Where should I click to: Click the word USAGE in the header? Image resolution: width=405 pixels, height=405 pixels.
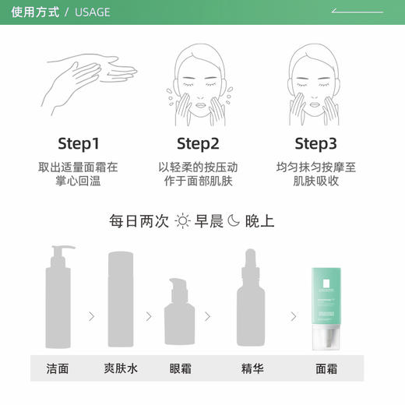tap(92, 12)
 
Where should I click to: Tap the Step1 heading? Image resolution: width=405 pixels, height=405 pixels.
tap(79, 143)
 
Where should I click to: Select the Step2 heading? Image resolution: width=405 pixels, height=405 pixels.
tap(198, 143)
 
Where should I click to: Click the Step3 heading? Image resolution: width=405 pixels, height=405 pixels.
tap(316, 143)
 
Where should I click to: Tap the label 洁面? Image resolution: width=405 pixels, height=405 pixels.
tap(58, 368)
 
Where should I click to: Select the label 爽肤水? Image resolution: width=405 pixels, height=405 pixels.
tap(120, 368)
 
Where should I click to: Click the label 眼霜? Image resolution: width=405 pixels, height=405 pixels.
tap(180, 368)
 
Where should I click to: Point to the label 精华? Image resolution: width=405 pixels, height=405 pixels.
tap(252, 368)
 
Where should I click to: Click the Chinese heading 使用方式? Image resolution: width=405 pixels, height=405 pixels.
tap(36, 12)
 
